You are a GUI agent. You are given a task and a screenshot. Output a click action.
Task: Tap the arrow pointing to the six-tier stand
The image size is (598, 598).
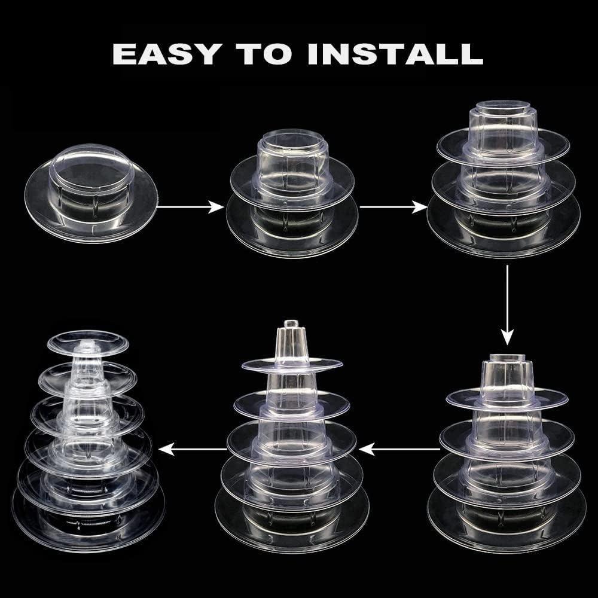click(x=191, y=446)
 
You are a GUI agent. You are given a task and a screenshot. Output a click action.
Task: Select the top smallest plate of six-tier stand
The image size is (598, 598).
click(x=89, y=342)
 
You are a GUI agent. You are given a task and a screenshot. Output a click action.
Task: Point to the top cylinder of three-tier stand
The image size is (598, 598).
click(x=503, y=120)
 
